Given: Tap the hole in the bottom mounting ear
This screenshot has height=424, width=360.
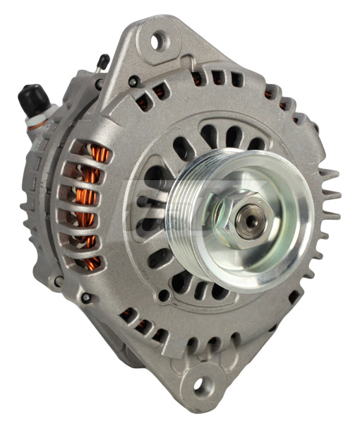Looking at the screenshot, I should [x=200, y=385].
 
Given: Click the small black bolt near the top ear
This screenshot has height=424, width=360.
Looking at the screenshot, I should [x=132, y=82].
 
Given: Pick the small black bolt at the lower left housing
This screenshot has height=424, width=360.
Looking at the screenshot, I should [x=85, y=298].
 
